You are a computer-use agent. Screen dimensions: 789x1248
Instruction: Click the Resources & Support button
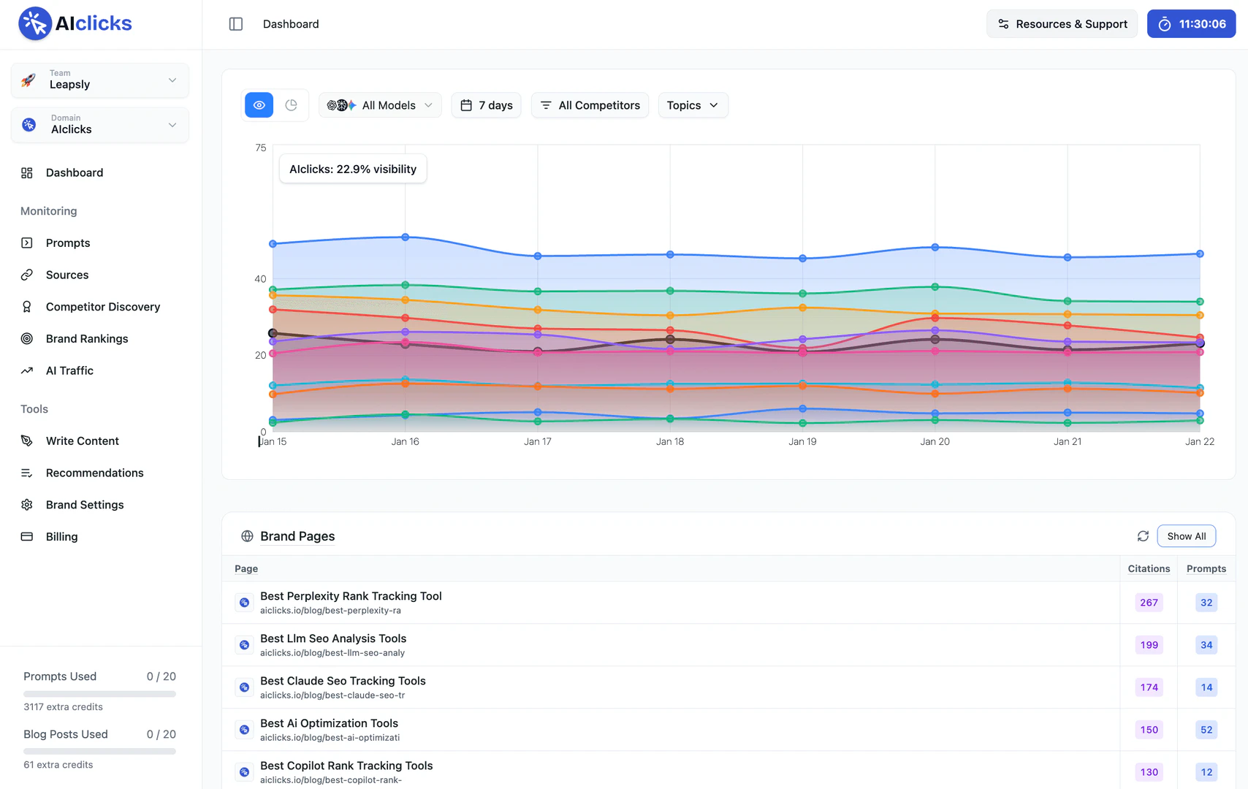point(1062,24)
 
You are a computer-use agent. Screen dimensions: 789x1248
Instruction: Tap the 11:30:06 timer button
point(1191,24)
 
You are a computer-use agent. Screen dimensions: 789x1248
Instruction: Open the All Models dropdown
point(380,105)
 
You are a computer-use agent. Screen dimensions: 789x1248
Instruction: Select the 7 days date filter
point(486,105)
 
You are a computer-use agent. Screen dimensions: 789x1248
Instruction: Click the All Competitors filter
point(590,105)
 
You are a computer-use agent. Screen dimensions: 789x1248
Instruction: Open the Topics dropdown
point(693,105)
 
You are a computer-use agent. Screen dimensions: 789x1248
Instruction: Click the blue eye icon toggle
point(259,105)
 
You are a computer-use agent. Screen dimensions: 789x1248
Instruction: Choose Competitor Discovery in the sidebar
point(102,307)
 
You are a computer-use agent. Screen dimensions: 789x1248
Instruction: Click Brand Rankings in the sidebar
point(86,339)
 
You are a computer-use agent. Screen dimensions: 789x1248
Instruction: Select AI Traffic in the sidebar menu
point(69,371)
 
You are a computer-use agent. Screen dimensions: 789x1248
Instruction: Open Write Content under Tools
point(82,441)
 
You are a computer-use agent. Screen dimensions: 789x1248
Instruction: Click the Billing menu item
point(61,537)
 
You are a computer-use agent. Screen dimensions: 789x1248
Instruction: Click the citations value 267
point(1149,603)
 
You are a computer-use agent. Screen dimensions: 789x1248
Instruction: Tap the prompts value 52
point(1206,730)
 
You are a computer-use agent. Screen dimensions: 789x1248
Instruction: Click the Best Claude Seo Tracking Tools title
point(343,681)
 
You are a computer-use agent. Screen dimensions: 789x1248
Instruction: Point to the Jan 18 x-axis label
point(670,442)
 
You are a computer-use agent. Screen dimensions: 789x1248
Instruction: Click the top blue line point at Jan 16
point(406,237)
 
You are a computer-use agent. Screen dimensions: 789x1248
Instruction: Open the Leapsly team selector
point(100,80)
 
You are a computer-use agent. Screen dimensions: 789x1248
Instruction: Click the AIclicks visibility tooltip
point(353,169)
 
